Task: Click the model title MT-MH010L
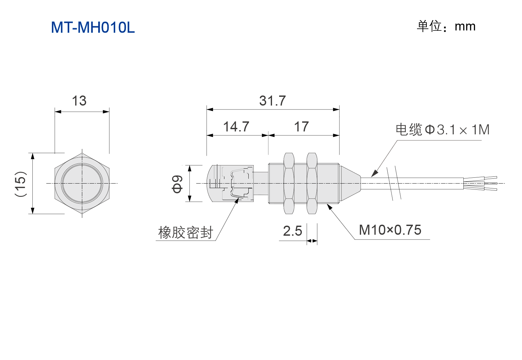click(93, 28)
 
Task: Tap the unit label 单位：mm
click(446, 26)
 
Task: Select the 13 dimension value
click(79, 101)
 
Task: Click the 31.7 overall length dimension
click(272, 101)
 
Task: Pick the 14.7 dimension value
click(236, 127)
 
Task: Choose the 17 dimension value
click(301, 127)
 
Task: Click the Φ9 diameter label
click(177, 184)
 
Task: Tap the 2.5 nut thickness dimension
click(292, 231)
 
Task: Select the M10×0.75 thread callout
click(390, 230)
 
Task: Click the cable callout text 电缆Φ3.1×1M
click(443, 129)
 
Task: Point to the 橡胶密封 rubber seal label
click(186, 232)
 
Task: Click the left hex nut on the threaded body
click(289, 183)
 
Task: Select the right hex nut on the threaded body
click(312, 183)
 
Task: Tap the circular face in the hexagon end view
click(82, 183)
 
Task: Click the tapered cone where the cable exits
click(350, 183)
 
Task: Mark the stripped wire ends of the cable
click(480, 183)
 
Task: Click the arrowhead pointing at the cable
click(374, 174)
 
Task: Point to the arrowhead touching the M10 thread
click(330, 207)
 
